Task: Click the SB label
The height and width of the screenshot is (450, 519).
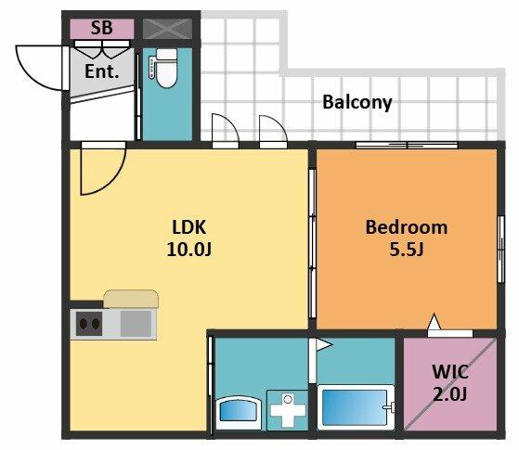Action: coord(101,28)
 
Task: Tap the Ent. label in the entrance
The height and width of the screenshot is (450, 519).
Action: coord(101,71)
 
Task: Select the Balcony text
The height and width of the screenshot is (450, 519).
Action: coord(357,102)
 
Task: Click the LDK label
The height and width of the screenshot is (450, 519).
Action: coord(189,227)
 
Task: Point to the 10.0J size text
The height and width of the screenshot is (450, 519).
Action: coord(189,250)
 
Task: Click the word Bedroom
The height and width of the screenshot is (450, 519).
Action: coord(407,227)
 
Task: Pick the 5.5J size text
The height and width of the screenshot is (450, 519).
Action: coord(407,250)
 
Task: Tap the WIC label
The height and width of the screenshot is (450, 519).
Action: coord(450,372)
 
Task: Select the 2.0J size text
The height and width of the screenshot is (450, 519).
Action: coord(450,393)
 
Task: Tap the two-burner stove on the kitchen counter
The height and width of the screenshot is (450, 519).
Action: coord(89,324)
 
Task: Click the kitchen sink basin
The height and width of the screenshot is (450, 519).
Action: coord(136,324)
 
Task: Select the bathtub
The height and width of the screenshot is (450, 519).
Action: coord(356,407)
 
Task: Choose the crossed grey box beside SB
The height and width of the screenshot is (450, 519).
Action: coord(167,29)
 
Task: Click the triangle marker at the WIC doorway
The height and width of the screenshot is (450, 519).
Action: coord(434,322)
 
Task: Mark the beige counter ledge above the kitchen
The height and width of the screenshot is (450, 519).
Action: coord(131,299)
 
